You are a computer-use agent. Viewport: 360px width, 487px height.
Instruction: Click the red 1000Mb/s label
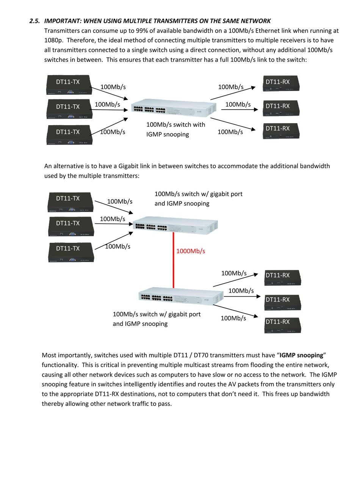tap(191, 251)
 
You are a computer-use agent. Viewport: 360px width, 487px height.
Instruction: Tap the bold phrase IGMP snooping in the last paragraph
tap(301, 355)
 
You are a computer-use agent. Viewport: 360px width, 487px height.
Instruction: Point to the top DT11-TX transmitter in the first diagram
tap(68, 85)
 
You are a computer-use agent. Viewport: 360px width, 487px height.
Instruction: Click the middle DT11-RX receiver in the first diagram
tap(282, 108)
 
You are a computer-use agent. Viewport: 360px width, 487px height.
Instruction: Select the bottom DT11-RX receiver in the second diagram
tap(282, 325)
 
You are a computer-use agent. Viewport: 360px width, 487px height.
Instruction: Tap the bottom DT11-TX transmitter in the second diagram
tap(71, 252)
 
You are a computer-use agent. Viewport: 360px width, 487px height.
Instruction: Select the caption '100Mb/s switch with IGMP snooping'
tap(175, 129)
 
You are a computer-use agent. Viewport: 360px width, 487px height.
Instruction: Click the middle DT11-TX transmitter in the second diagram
tap(71, 226)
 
